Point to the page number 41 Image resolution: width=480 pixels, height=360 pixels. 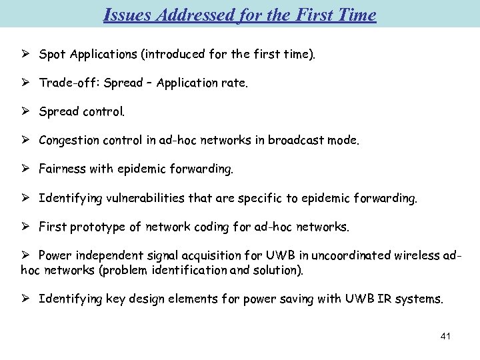click(445, 336)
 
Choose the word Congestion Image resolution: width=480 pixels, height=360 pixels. click(70, 141)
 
